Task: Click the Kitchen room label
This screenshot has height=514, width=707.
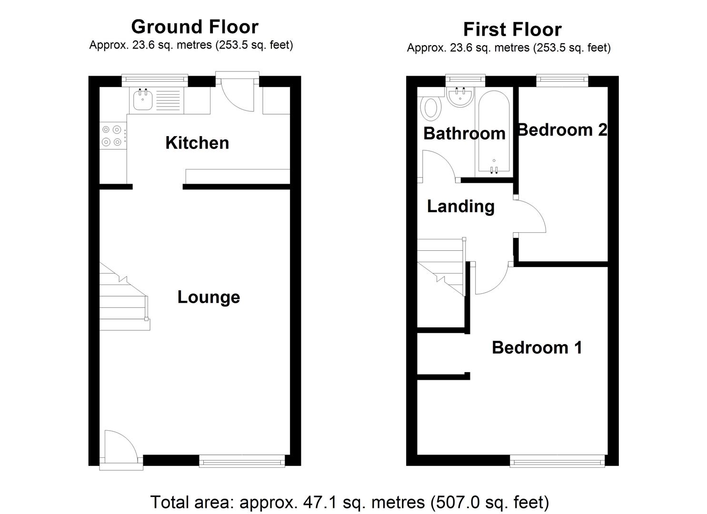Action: [197, 143]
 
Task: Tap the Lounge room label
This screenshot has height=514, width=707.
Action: [209, 297]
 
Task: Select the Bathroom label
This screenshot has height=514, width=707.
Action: [464, 134]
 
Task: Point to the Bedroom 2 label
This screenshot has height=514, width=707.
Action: [562, 130]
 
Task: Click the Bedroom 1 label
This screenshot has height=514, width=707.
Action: [537, 347]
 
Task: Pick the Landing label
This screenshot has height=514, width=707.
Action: [460, 207]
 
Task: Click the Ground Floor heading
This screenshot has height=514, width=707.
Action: [195, 27]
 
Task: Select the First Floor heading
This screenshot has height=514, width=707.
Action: [512, 30]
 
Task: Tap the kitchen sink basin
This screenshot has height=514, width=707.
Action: [142, 101]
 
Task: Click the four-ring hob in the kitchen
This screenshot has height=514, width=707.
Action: [111, 135]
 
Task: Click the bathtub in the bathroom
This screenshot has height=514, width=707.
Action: [494, 131]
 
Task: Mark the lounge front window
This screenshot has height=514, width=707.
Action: [242, 460]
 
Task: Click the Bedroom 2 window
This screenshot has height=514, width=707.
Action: [562, 80]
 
